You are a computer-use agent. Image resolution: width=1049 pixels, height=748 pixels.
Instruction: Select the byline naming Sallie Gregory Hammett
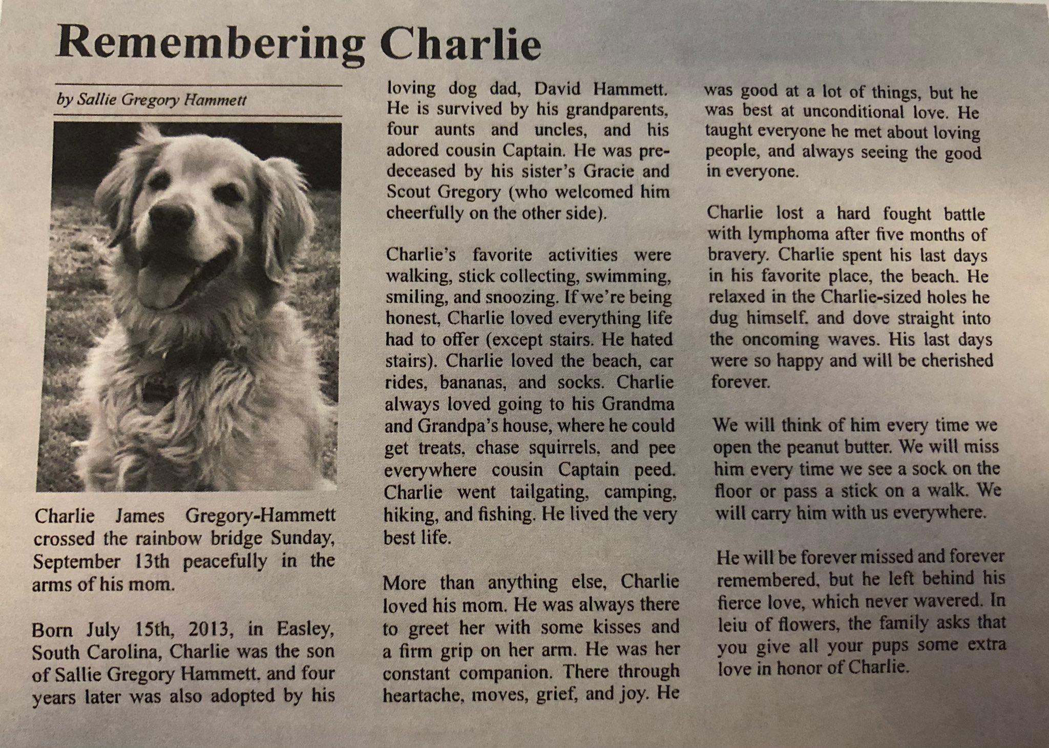tap(152, 100)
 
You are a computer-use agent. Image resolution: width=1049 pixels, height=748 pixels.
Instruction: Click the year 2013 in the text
tap(202, 628)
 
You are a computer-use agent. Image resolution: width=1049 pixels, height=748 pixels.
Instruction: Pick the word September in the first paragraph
tap(76, 562)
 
